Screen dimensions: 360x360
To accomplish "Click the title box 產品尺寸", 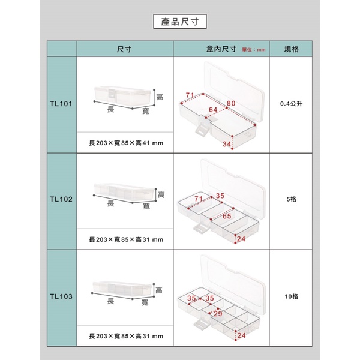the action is (x=180, y=22).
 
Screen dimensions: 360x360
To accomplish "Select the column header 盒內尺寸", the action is (x=221, y=49).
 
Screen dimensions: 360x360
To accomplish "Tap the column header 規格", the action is (x=291, y=49).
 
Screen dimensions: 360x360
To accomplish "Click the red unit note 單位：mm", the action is (x=254, y=50).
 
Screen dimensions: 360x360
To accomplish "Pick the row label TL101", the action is (x=61, y=104).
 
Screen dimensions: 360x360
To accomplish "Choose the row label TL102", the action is (x=61, y=199).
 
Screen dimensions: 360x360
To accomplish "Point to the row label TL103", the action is (x=61, y=296).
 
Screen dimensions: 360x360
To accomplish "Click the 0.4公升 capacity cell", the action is (x=291, y=104).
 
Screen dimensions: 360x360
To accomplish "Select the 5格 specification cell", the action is (x=291, y=199).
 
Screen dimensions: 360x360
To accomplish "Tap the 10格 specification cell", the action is (x=292, y=296).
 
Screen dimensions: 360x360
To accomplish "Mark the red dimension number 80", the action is (x=231, y=103).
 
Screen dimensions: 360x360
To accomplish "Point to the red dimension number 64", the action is (x=213, y=110).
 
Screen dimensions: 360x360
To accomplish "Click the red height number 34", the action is (x=227, y=144).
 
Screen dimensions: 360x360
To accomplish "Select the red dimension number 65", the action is (x=227, y=216).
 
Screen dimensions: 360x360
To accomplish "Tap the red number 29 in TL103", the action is (x=218, y=314).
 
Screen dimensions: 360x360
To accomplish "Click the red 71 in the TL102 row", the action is (x=199, y=199).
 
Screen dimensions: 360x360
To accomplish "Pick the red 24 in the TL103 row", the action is (x=241, y=335).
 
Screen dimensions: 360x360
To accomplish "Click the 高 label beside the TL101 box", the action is (x=160, y=97).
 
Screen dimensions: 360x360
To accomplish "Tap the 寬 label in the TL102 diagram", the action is (x=146, y=206).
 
